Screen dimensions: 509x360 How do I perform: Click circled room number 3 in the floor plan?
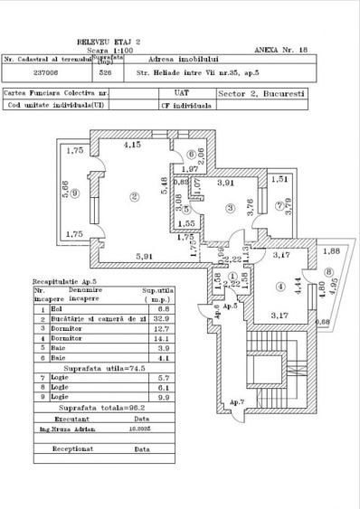pos(231,209)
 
